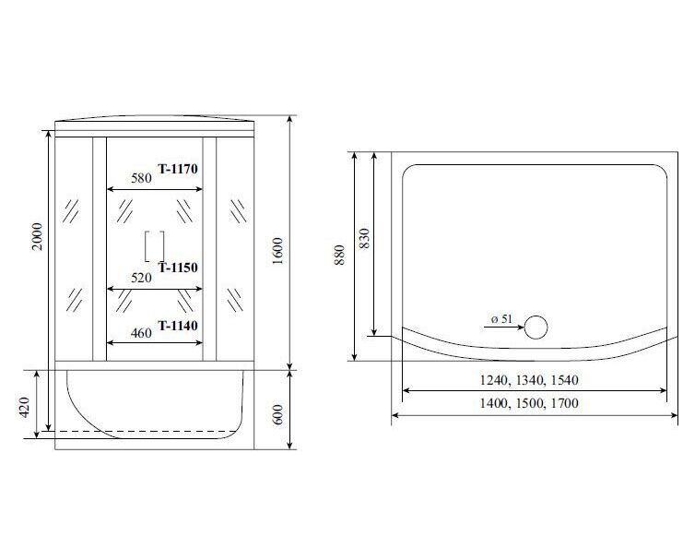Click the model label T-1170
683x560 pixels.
(178, 169)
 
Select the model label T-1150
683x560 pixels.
(178, 268)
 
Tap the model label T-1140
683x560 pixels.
(178, 326)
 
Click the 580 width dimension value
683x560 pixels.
(141, 178)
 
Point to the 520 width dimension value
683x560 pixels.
(141, 278)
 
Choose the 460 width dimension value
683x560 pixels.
(141, 333)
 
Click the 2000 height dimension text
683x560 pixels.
(39, 236)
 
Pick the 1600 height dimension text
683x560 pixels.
(277, 251)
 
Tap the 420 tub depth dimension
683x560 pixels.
(24, 408)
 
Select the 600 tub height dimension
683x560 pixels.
(278, 414)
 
